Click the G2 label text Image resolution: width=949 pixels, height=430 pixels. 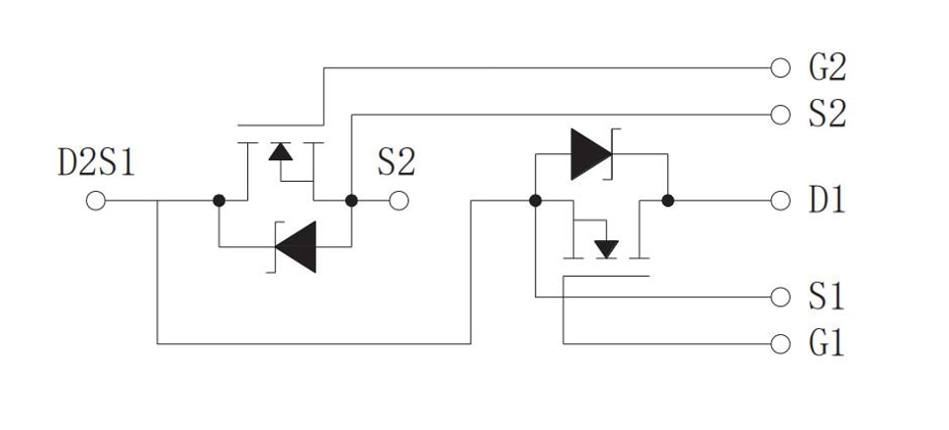pos(827,68)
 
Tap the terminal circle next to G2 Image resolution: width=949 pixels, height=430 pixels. pos(781,68)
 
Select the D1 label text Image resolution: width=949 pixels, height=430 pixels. pos(826,201)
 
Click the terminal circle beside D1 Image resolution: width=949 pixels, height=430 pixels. pos(781,201)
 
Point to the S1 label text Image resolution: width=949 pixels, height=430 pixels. pos(826,297)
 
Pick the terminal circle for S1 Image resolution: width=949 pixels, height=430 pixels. pos(781,297)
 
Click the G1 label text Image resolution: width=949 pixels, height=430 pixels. pos(826,343)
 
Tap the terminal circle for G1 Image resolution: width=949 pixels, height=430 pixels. pos(781,343)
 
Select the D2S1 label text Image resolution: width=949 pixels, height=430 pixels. pos(96,163)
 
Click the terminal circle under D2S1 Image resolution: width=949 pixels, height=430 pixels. pos(96,201)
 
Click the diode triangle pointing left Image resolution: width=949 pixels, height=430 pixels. pos(296,247)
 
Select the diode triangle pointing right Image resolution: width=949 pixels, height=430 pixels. pos(591,154)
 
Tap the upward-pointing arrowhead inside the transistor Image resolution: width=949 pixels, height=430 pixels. pos(280,151)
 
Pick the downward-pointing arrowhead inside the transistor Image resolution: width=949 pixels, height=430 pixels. pos(606,249)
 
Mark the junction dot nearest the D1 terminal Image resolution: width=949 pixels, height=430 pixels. pos(667,201)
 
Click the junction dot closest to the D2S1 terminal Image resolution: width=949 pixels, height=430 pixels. pos(219,201)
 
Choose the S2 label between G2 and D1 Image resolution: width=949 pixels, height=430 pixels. pos(827,115)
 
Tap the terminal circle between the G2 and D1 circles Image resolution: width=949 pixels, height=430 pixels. pos(781,115)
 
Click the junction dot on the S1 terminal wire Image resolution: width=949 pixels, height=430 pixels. pos(535,201)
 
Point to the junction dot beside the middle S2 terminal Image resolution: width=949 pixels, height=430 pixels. pos(351,201)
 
